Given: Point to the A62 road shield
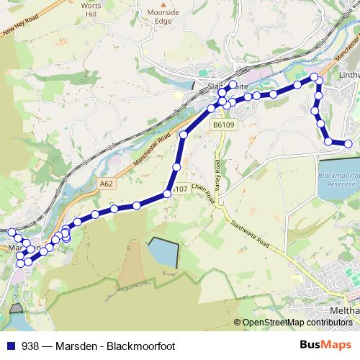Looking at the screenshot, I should [x=107, y=184].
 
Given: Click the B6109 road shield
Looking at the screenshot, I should [x=223, y=125].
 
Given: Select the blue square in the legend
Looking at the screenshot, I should [x=10, y=346].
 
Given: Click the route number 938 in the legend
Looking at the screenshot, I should [x=31, y=346].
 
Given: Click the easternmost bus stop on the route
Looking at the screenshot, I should [x=348, y=144].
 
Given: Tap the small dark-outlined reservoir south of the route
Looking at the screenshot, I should [x=162, y=253].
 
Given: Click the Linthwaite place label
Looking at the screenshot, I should [x=348, y=74].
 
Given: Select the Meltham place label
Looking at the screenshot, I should [x=344, y=310].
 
